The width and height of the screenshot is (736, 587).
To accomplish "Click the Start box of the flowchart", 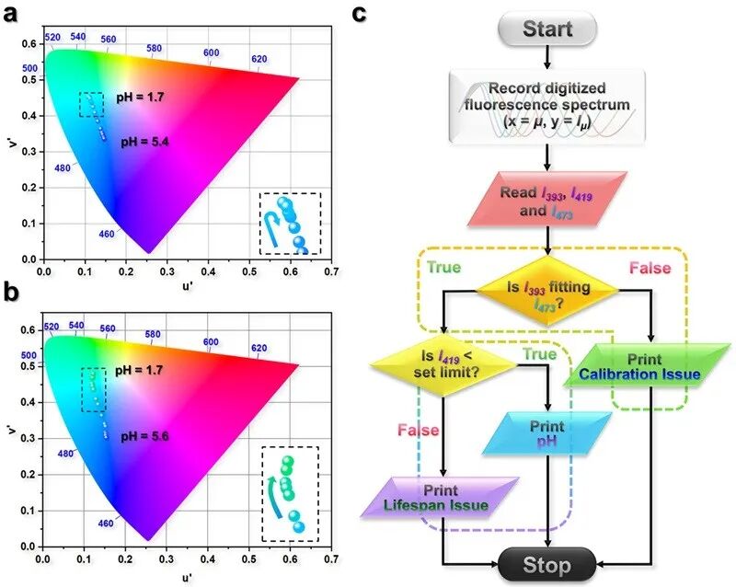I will pyautogui.click(x=546, y=29).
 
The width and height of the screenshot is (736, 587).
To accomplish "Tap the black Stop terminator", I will pyautogui.click(x=546, y=564).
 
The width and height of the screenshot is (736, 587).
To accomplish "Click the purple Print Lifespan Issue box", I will pyautogui.click(x=443, y=498).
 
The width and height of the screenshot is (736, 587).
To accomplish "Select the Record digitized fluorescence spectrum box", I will pyautogui.click(x=546, y=108).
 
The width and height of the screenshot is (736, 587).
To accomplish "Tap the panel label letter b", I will pyautogui.click(x=12, y=295).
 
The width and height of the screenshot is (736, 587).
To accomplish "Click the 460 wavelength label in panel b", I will pyautogui.click(x=107, y=522).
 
